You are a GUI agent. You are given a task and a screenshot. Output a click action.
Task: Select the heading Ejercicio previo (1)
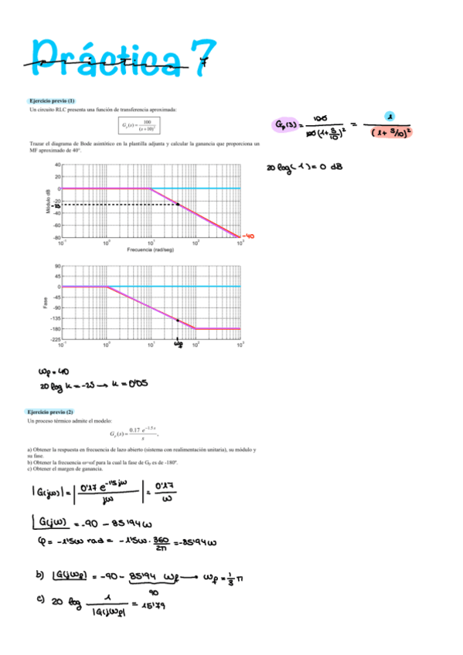pos(51,101)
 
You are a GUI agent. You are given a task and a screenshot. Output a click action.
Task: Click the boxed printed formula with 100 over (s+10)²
pos(140,125)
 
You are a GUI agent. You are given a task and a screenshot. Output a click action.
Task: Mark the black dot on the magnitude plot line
pos(177,204)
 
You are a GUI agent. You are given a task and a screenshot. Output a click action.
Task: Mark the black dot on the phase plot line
pos(178,320)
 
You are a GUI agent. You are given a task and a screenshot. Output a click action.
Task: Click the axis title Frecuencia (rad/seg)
pos(151,249)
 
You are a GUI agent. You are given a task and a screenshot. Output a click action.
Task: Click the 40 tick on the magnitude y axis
pos(57,165)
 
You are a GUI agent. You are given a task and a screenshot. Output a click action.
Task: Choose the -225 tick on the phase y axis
pos(56,339)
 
